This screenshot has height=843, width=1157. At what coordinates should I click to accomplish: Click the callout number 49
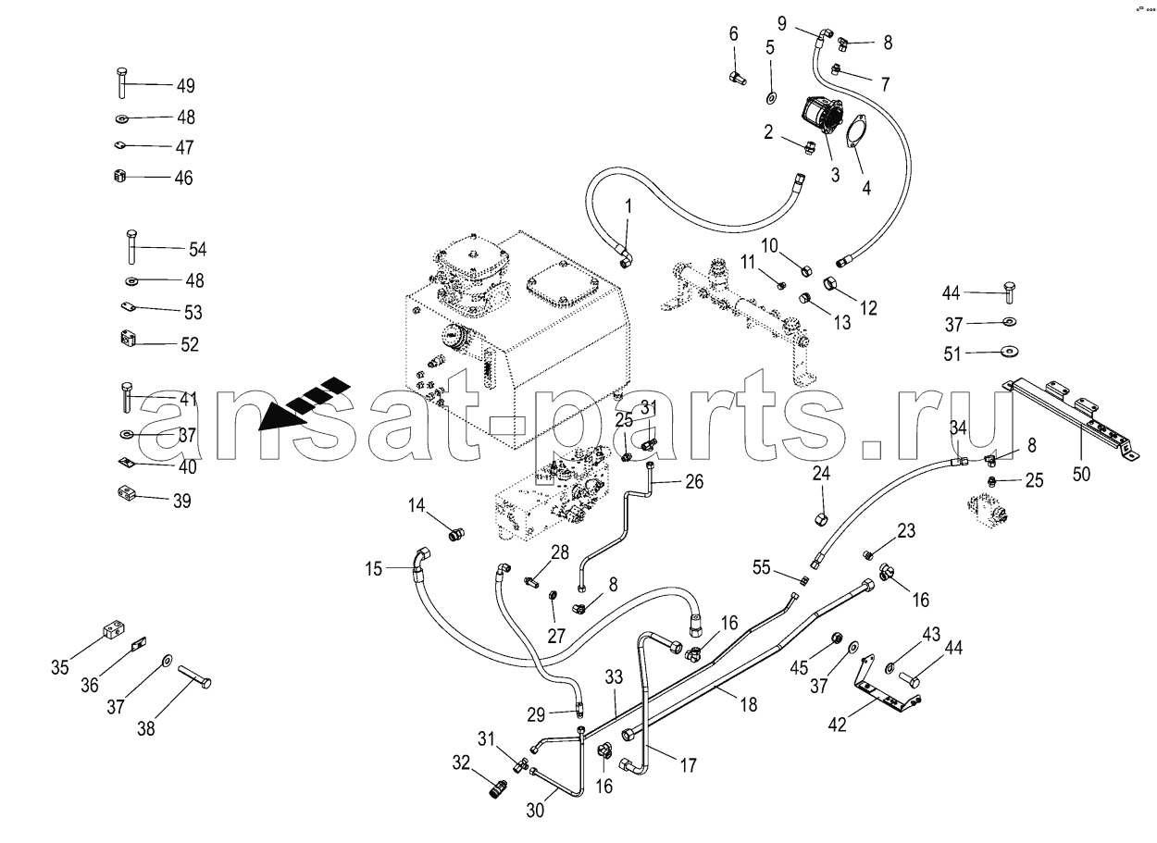[185, 86]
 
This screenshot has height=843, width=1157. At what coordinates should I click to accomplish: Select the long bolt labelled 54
[131, 249]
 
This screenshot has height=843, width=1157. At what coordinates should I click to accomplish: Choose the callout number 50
[1081, 475]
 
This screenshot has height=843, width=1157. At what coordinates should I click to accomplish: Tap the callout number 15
[373, 568]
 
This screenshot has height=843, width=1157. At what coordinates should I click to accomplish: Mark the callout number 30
[537, 810]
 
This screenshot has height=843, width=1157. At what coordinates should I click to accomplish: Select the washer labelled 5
[770, 97]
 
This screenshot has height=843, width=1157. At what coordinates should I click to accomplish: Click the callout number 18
[748, 704]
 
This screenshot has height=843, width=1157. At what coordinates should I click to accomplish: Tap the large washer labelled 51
[1006, 352]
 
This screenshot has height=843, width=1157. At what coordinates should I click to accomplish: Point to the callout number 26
[694, 481]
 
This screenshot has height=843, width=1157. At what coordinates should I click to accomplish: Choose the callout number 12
[867, 307]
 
